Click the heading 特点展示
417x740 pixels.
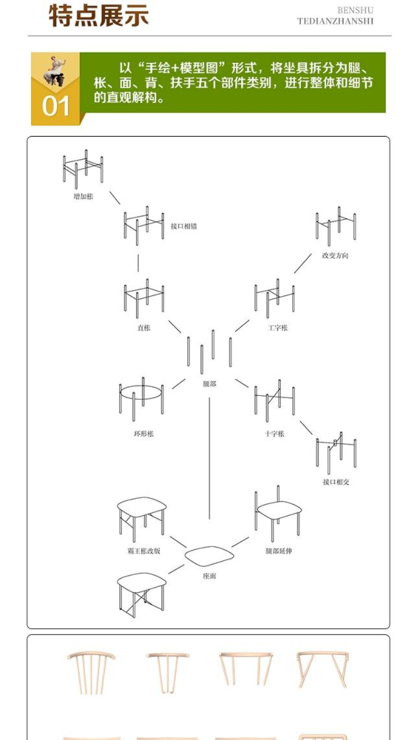(99, 16)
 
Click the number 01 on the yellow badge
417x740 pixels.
(56, 106)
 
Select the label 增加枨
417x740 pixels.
(83, 197)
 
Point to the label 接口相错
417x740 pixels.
(184, 226)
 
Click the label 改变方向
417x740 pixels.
(335, 255)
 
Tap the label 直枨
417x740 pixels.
(144, 328)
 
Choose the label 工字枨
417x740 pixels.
(278, 328)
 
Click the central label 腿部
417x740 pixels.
(210, 384)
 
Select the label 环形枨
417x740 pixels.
(144, 434)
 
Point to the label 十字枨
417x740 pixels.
(274, 434)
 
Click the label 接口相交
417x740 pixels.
(336, 482)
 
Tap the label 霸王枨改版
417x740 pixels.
(140, 551)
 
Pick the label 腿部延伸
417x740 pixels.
(279, 551)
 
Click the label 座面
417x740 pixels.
(210, 576)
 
